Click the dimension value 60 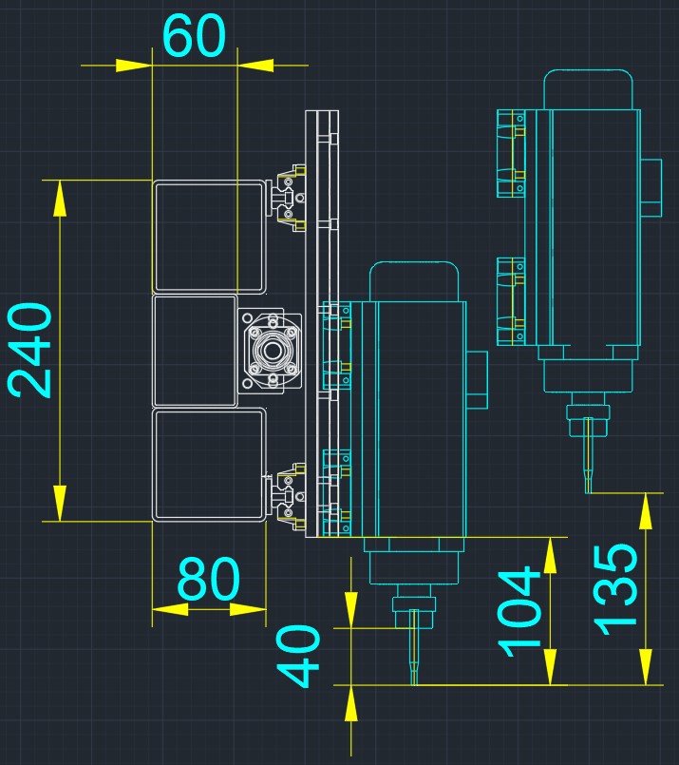click(x=194, y=35)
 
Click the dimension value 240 click(x=29, y=350)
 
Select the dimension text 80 click(x=209, y=579)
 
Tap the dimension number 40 click(x=299, y=657)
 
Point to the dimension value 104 click(x=519, y=611)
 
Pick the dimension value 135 click(x=615, y=589)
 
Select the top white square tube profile click(x=210, y=237)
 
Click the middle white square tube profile click(x=195, y=351)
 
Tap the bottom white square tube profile click(x=210, y=466)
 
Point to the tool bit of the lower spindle click(x=414, y=647)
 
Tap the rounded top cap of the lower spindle click(x=414, y=281)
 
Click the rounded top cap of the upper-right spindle click(x=589, y=89)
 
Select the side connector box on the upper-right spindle click(x=651, y=188)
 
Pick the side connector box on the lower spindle click(x=478, y=380)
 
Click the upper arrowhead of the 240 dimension click(x=60, y=198)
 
